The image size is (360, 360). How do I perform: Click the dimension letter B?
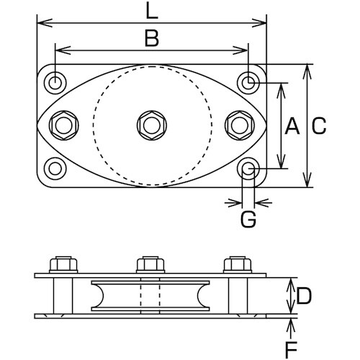pos(151,38)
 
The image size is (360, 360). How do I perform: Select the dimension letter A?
pos(292,127)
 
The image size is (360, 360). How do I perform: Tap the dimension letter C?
pos(318,127)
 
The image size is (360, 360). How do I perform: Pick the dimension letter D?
pos(303,294)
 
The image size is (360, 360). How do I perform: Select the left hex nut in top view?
pos(62,125)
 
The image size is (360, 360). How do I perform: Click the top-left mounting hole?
pos(55,83)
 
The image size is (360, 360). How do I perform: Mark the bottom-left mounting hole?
pos(55,169)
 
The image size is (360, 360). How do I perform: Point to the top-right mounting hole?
pos(248,83)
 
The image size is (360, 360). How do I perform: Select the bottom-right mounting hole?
pos(248,169)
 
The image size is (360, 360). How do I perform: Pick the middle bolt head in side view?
pos(150,265)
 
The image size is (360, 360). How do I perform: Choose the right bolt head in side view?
pos(238,265)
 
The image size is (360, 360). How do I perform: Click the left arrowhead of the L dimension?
pos(41,23)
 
